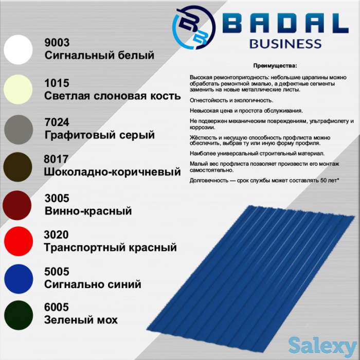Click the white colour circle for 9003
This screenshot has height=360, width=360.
point(18,49)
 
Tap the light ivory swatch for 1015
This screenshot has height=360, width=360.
point(18,89)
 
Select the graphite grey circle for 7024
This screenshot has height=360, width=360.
point(18,129)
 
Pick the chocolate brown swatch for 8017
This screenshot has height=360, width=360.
point(18,167)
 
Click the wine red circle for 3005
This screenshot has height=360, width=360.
point(18,205)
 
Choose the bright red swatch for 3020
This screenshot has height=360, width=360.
point(18,241)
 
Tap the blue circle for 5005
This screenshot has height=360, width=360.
point(18,278)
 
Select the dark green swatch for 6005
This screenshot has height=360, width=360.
point(18,314)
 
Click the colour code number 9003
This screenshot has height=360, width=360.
point(57,43)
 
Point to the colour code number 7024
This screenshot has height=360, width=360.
point(57,122)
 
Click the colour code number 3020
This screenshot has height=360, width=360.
point(57,235)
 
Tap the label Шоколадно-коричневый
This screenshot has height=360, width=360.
point(113,171)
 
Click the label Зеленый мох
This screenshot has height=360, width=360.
point(81,320)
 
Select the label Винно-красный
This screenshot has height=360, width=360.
point(88,211)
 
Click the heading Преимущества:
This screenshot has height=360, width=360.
point(275,66)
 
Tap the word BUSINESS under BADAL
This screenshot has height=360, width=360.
point(285,43)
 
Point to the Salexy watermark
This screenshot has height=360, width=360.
point(322,345)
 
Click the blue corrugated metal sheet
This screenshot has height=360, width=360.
point(252,273)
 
